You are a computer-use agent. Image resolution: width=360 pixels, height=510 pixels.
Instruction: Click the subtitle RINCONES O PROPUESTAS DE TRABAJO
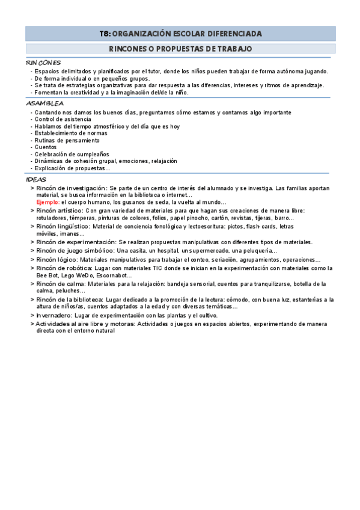pos(180,49)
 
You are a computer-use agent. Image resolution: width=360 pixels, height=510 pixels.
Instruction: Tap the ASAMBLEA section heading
pos(45,103)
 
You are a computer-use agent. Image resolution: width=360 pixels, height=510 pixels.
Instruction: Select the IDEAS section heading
pos(36,179)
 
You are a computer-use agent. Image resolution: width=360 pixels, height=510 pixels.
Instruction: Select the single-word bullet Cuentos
pos(46,147)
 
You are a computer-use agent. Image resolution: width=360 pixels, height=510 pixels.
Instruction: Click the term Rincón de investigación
pos(70,188)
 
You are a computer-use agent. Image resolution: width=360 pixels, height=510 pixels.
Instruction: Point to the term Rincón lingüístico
pos(62,226)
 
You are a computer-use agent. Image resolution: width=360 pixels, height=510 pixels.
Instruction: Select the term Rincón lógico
pos(56,259)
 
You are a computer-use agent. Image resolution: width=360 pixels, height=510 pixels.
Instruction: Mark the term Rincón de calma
pos(60,283)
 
